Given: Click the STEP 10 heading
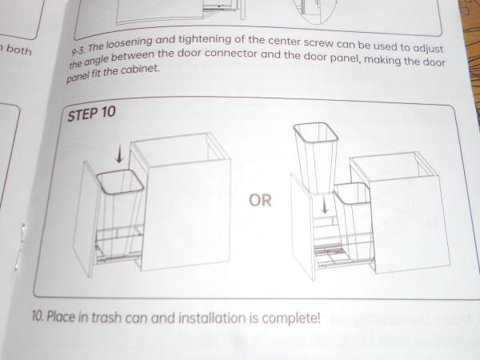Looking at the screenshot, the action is [91, 114].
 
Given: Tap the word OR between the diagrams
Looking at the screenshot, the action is [260, 201].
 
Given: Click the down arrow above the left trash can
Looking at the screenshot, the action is [120, 154].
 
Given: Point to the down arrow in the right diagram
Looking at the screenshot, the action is [325, 205].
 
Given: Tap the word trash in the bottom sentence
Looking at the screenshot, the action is [106, 317].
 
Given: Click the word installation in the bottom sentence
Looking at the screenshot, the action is [212, 318].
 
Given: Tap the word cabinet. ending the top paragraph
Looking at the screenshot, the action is [140, 70].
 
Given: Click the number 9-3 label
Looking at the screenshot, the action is [78, 50].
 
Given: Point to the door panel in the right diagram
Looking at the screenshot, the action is [303, 226].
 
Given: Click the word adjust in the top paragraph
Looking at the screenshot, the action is [428, 49].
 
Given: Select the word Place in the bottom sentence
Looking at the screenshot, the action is [61, 316].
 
